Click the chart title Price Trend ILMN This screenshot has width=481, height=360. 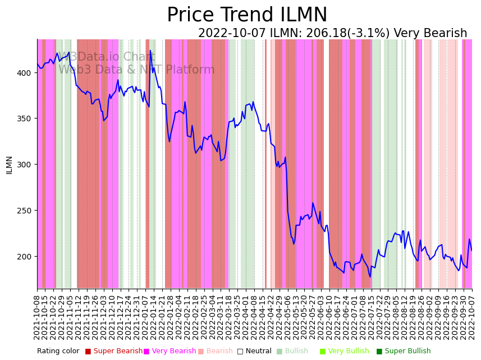tap(247, 15)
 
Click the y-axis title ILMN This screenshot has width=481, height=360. tap(9, 165)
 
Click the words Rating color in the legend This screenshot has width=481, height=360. tap(58, 351)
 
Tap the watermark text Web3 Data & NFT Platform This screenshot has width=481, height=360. tap(136, 70)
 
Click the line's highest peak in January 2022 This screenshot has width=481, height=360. tap(150, 51)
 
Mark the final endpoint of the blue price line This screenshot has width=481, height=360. tap(471, 250)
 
